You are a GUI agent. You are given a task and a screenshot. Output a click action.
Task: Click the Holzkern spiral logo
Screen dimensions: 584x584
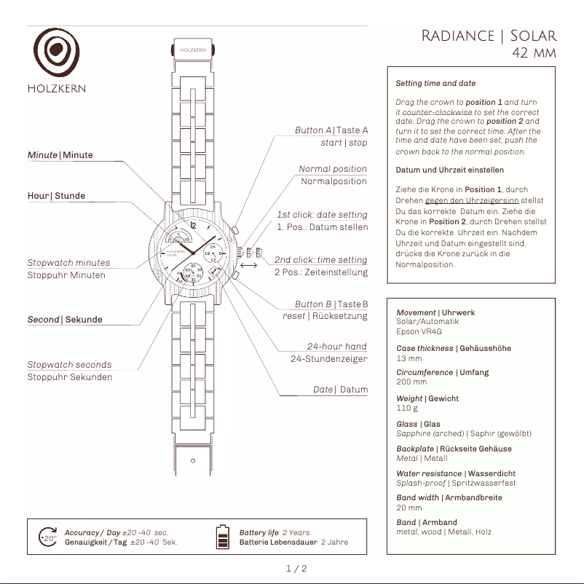coord(57,55)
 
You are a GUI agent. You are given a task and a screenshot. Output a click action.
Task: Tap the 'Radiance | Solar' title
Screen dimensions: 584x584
coord(489,36)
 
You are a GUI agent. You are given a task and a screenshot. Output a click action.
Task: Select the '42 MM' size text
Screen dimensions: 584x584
coord(534,53)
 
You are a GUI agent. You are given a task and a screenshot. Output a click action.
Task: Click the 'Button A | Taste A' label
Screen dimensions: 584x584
coord(331,130)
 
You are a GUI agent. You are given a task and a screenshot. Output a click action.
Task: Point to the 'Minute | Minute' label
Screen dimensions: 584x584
coord(60,155)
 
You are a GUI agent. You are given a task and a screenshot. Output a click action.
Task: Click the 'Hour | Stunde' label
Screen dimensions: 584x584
coord(56,196)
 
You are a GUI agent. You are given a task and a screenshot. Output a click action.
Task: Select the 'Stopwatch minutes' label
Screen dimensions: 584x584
coord(68,263)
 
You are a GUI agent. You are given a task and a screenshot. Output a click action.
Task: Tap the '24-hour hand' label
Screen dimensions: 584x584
coord(336,347)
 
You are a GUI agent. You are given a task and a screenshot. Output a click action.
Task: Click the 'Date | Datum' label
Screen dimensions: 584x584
coord(340,390)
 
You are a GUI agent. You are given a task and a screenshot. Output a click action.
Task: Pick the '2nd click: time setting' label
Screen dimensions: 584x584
coord(320,260)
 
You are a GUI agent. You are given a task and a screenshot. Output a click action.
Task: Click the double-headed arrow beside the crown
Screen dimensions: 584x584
coord(248,266)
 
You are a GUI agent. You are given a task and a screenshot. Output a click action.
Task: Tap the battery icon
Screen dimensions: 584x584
coord(223,537)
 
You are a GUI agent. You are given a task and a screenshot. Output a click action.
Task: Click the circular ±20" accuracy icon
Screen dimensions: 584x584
coord(48,537)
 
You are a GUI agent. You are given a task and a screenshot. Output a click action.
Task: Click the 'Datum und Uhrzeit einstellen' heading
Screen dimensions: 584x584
coord(449,170)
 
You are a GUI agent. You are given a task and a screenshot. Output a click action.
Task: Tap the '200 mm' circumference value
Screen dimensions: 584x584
coord(411,382)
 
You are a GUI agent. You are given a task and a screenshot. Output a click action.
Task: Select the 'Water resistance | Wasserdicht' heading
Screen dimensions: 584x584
coord(455,473)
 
